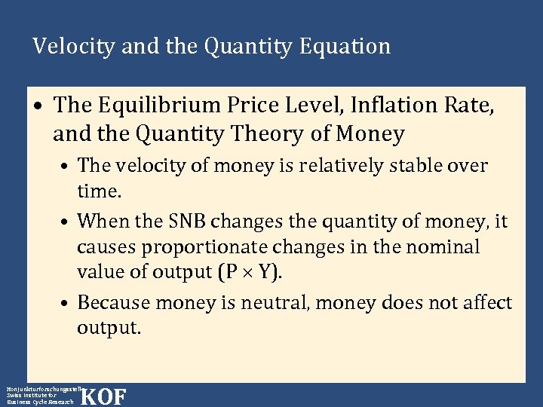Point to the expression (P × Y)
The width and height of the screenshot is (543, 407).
coord(251,272)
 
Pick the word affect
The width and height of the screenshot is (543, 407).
coord(485,303)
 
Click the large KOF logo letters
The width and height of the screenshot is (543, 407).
coord(103,396)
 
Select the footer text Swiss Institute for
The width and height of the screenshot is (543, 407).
coord(31,395)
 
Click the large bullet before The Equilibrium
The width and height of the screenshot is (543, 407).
coord(38,106)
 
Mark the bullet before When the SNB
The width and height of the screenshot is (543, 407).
coord(67,222)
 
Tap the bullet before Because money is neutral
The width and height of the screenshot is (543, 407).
coord(67,304)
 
